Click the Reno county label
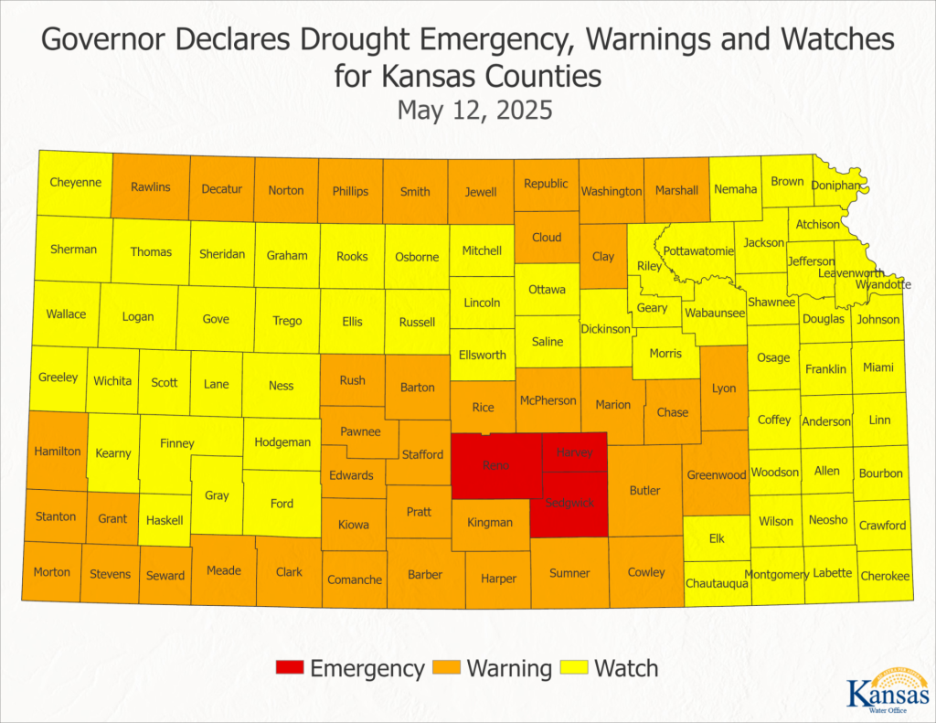click(x=496, y=466)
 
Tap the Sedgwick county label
click(x=569, y=504)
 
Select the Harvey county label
click(x=574, y=452)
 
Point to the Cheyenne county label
click(x=75, y=182)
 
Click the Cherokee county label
click(x=885, y=576)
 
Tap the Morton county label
click(x=52, y=572)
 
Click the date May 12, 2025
click(x=474, y=111)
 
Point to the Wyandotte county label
click(x=883, y=284)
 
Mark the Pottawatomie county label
click(x=698, y=250)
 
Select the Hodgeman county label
click(x=282, y=442)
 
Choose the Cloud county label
click(x=547, y=238)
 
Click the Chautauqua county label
click(x=717, y=582)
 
